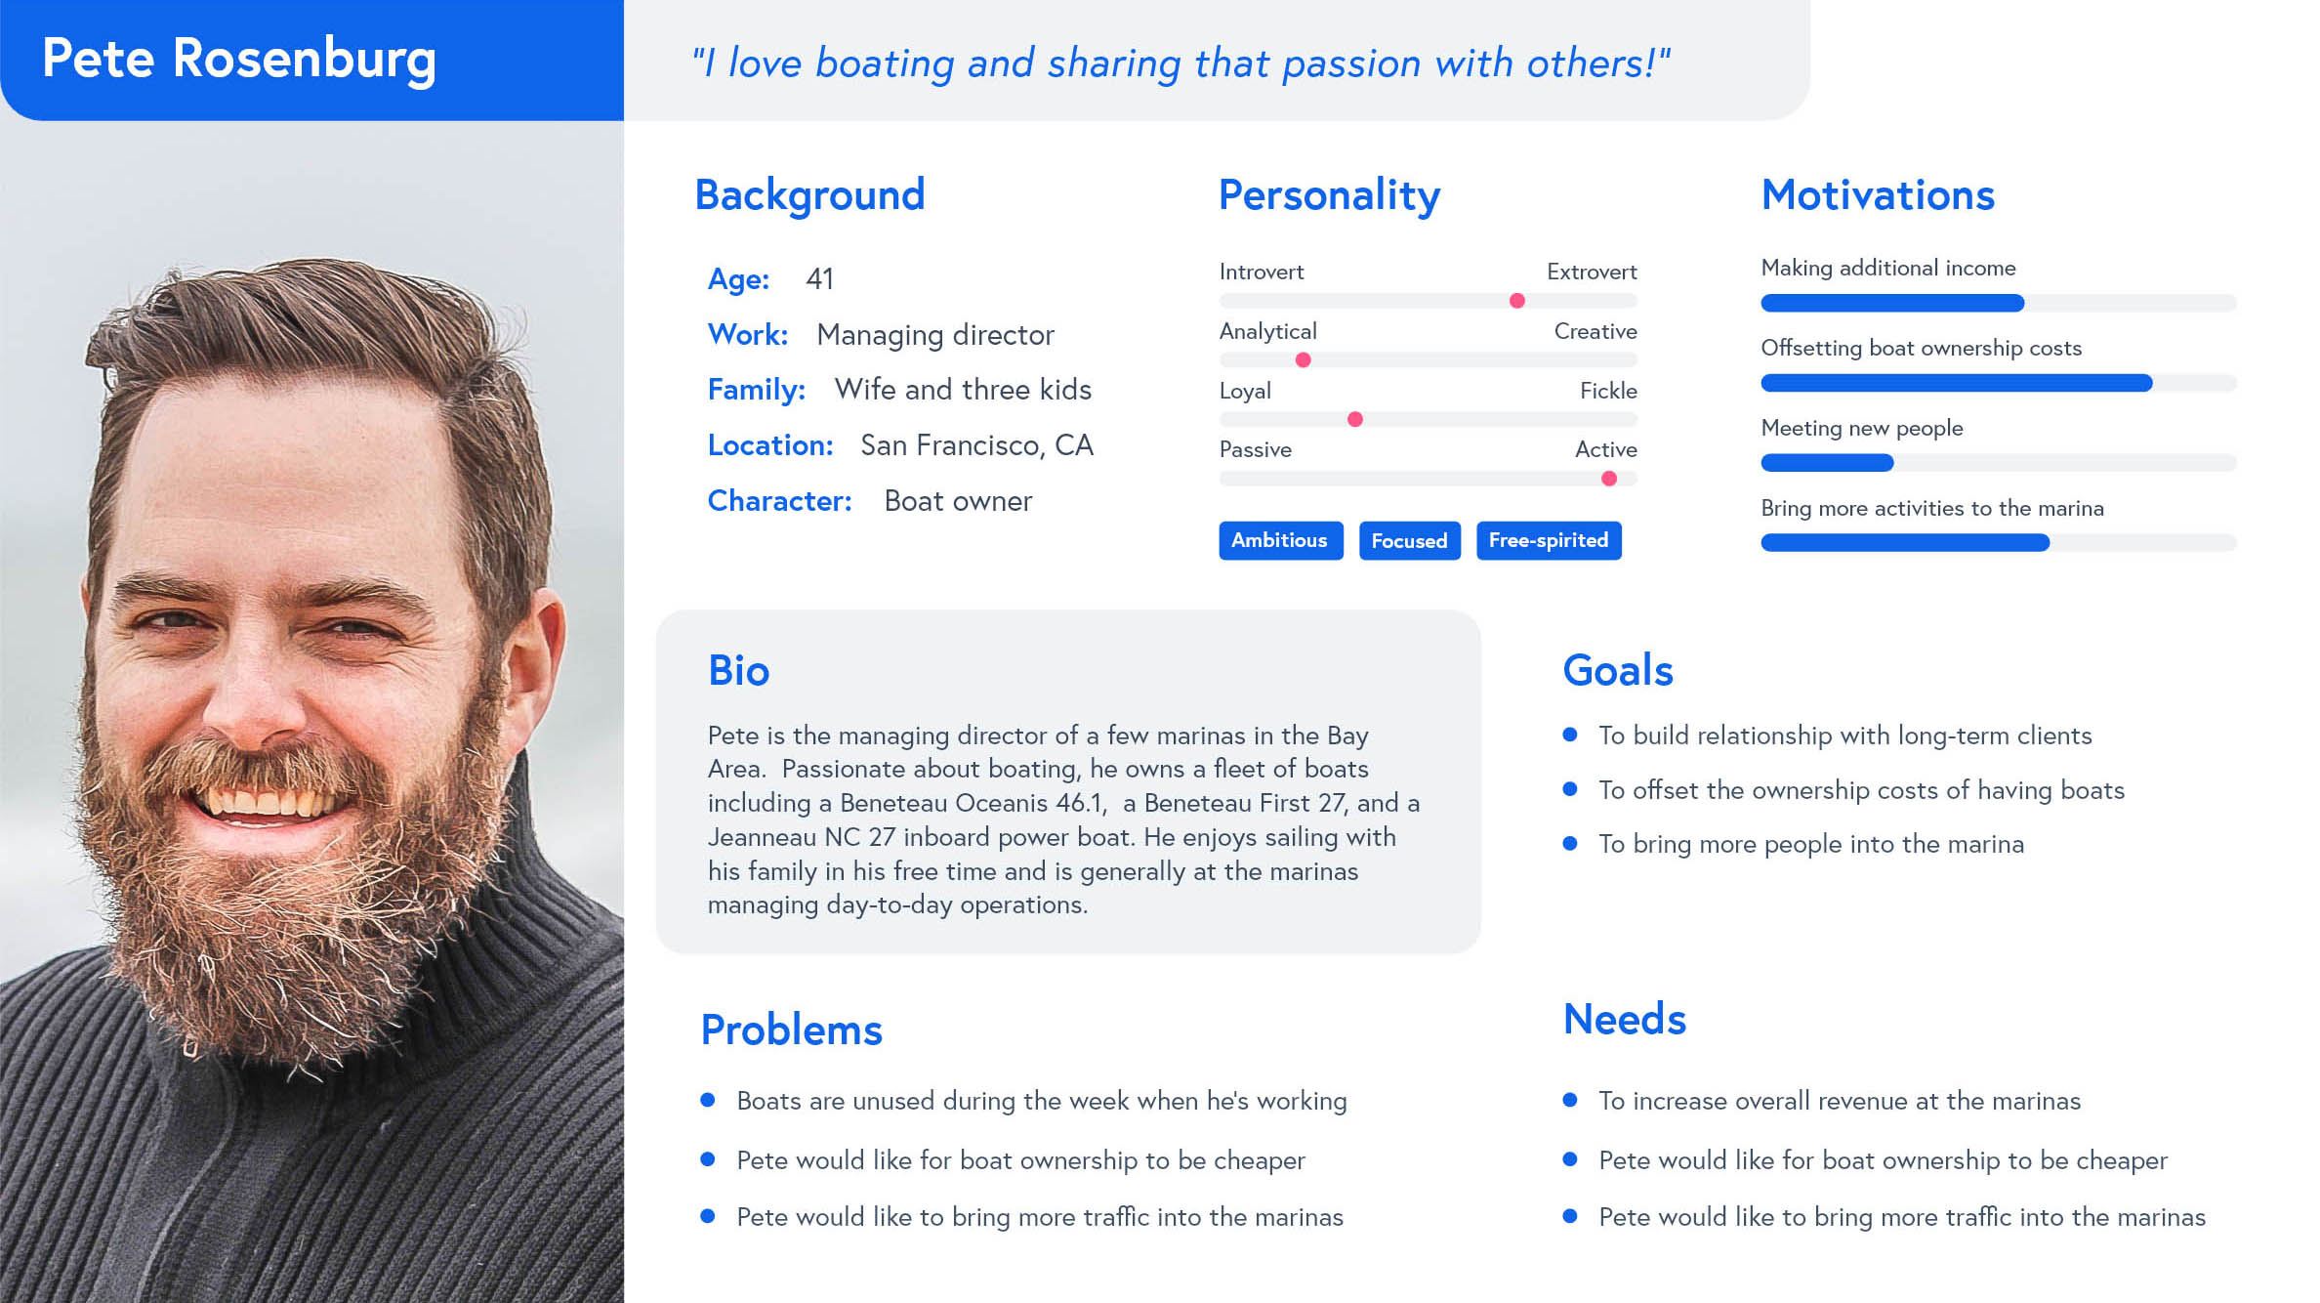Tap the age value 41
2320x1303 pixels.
(x=819, y=279)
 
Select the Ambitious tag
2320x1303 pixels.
(x=1280, y=540)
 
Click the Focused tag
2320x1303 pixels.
(x=1409, y=540)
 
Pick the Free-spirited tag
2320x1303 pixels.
(x=1549, y=540)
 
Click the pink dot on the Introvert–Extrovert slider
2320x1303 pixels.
(x=1516, y=301)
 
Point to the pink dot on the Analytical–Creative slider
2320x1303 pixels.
(x=1303, y=360)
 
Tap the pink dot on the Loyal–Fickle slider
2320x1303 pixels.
(x=1354, y=420)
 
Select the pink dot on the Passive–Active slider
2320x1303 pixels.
(x=1608, y=479)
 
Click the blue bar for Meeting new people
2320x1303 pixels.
(x=1827, y=463)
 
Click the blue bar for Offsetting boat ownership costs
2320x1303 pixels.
(x=1956, y=383)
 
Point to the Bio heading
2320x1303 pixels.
(x=738, y=671)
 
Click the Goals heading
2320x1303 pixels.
(x=1617, y=671)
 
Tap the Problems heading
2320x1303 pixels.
(x=791, y=1030)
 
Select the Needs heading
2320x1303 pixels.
(x=1624, y=1020)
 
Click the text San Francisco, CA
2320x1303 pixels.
(x=976, y=445)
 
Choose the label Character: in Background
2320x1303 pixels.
(x=779, y=501)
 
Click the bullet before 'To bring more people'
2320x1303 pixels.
(x=1570, y=843)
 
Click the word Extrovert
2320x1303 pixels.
(x=1592, y=272)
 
